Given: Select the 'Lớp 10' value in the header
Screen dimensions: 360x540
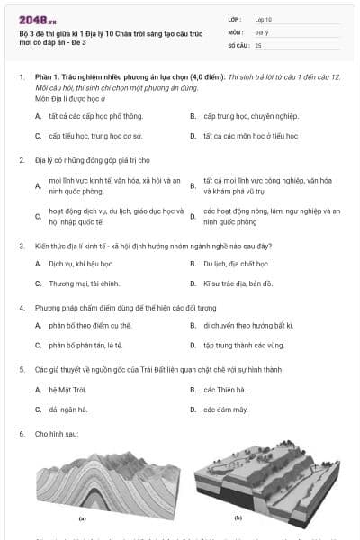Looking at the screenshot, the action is click(x=264, y=18).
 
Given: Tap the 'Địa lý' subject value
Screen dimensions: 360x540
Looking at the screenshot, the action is click(x=262, y=31).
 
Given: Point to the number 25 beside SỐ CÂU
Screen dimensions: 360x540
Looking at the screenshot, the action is click(x=258, y=44).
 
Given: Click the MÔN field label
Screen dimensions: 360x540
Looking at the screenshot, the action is click(x=237, y=31).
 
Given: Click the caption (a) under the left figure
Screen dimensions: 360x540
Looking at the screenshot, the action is click(x=82, y=518).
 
